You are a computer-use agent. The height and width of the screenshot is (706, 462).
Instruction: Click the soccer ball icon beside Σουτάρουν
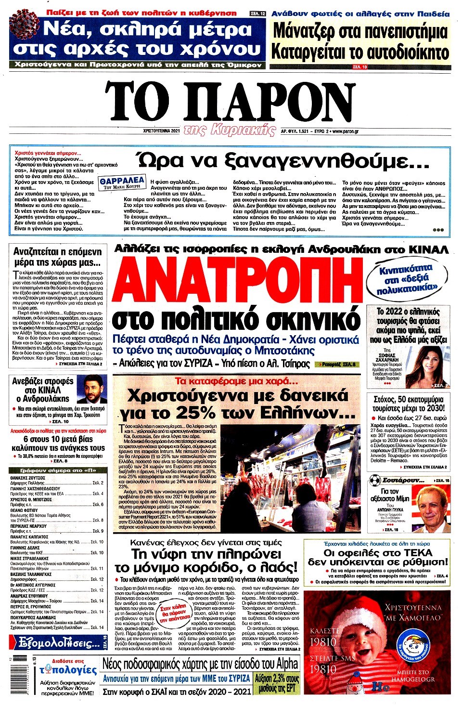pos(375,480)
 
